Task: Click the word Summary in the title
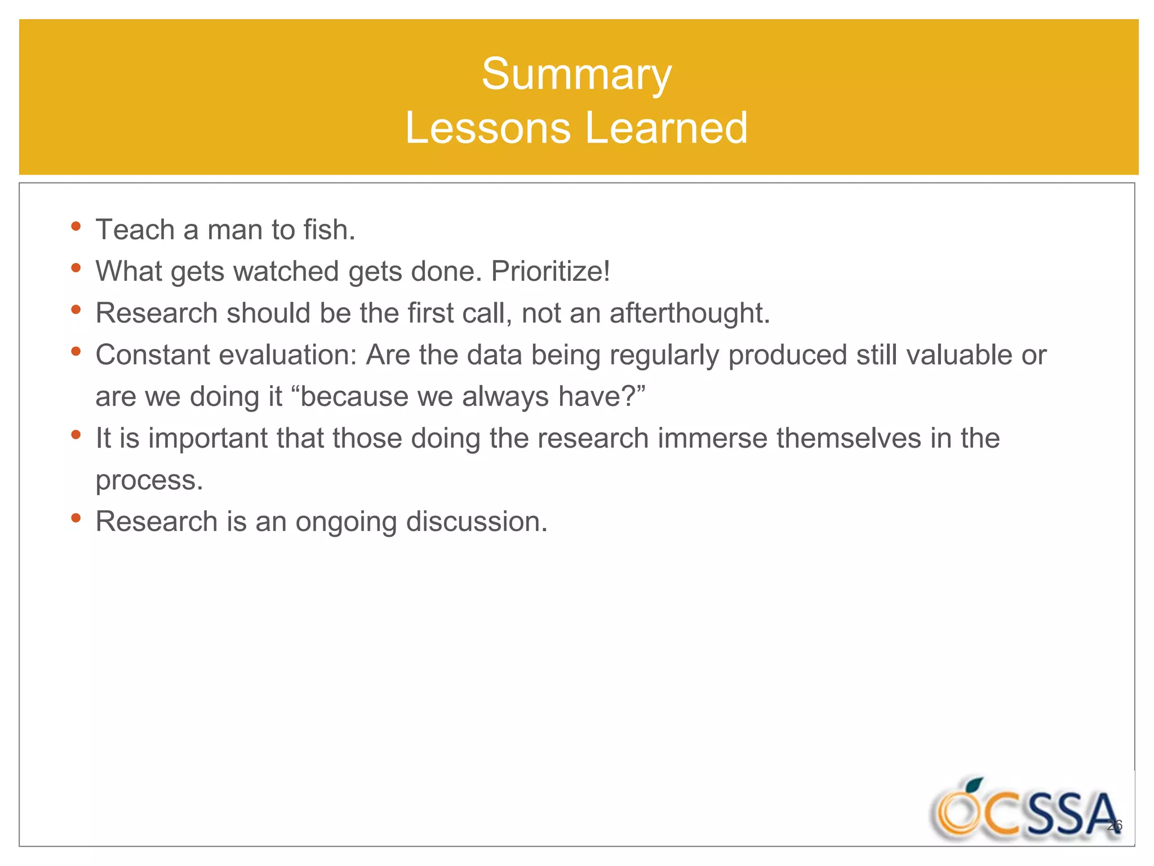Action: click(x=576, y=75)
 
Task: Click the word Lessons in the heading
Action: click(x=488, y=129)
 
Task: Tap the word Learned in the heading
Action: click(x=666, y=129)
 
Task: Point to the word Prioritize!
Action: click(x=551, y=272)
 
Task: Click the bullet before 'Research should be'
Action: click(x=76, y=310)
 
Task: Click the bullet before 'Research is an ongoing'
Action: click(x=76, y=518)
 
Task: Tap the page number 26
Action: click(x=1115, y=825)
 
